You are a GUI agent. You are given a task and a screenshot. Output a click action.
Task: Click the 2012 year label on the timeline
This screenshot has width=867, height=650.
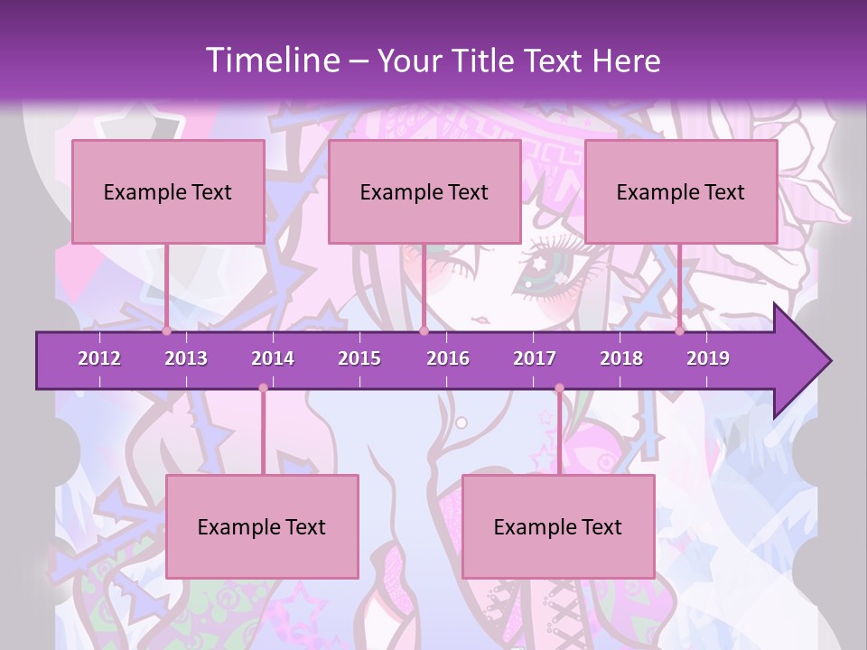point(99,358)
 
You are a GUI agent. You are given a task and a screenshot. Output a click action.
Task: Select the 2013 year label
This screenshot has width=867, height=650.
point(186,358)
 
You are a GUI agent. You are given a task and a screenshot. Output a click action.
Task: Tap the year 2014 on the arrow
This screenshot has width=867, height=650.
point(273,358)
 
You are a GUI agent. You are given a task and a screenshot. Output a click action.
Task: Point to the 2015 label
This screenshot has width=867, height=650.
point(359,358)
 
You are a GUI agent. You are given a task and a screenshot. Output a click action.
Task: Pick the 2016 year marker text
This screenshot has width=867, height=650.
point(448,358)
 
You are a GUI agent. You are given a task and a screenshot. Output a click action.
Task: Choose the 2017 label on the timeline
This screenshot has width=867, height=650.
point(535,358)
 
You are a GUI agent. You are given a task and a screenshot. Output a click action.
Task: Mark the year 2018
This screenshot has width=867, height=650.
point(621,358)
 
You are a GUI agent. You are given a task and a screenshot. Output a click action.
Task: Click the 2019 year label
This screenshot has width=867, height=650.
point(708,358)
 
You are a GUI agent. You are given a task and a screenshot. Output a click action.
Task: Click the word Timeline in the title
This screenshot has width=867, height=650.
point(270,60)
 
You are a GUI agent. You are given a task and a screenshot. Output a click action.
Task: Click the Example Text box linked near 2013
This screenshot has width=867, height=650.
point(168,191)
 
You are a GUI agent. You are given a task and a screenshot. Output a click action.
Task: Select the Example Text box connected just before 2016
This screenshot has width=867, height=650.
point(424,191)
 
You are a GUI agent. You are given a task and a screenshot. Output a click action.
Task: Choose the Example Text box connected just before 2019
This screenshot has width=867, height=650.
point(681,191)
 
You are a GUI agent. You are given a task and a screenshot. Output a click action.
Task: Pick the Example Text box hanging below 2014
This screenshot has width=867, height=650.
point(262,526)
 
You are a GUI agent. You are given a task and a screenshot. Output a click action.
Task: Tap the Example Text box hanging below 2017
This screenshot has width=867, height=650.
point(558,526)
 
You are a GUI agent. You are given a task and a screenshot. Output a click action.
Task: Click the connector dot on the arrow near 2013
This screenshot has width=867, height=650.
point(167,331)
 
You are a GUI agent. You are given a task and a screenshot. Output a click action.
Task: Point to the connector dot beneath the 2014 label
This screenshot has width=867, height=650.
point(263,388)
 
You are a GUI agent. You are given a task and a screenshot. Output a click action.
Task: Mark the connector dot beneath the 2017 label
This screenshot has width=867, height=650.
point(559,388)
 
